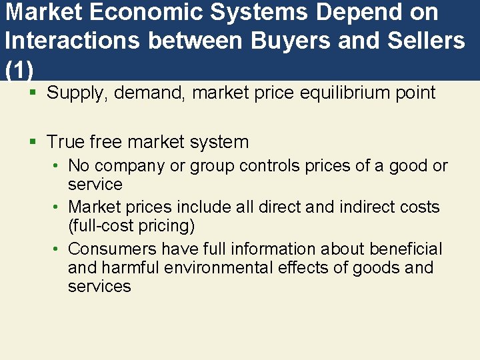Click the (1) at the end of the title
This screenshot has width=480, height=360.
[18, 69]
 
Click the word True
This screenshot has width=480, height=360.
[65, 142]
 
